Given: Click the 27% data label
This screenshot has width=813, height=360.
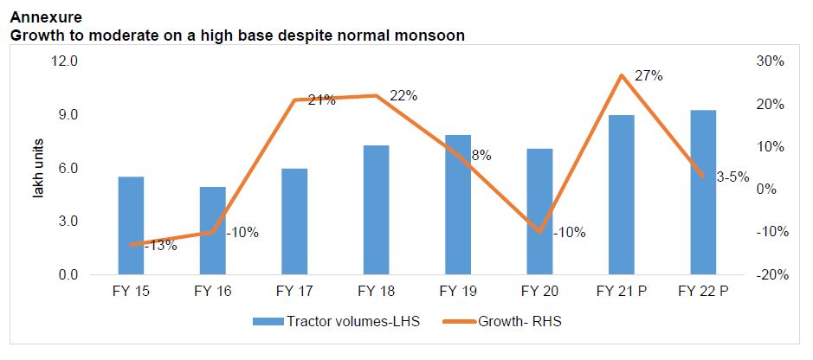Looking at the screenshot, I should pos(648,76).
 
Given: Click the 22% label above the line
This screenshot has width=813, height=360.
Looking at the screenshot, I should pos(403,96).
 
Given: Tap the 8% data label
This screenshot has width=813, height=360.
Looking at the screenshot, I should pos(481,156).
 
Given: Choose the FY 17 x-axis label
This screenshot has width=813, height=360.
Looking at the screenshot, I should pos(294,291).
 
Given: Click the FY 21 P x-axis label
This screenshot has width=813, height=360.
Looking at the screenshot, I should pos(621,291).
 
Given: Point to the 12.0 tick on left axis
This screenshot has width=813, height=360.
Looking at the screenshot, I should pos(67,61).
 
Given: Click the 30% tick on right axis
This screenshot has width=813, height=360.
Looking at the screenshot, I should pos(770,61).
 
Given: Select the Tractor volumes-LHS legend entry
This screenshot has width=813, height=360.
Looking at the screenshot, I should pos(339,321).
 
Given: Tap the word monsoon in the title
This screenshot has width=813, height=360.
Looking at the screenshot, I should pos(434,35).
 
